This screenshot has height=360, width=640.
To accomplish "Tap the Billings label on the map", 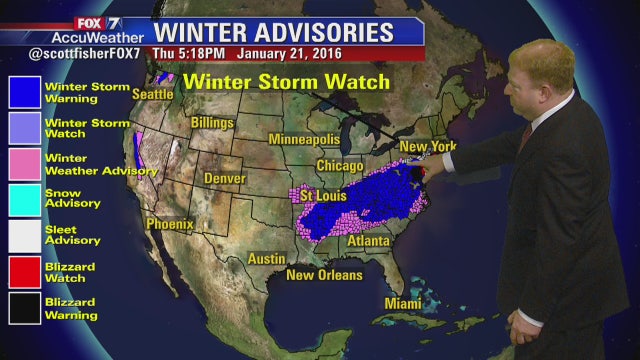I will (212, 123).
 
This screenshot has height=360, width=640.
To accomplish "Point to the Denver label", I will (225, 178).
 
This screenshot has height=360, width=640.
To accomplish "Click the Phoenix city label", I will (169, 224).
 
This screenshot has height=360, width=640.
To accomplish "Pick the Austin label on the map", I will (266, 258).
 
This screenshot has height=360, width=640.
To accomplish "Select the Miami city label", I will (404, 303).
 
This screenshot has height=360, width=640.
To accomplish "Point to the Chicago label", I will (339, 165).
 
